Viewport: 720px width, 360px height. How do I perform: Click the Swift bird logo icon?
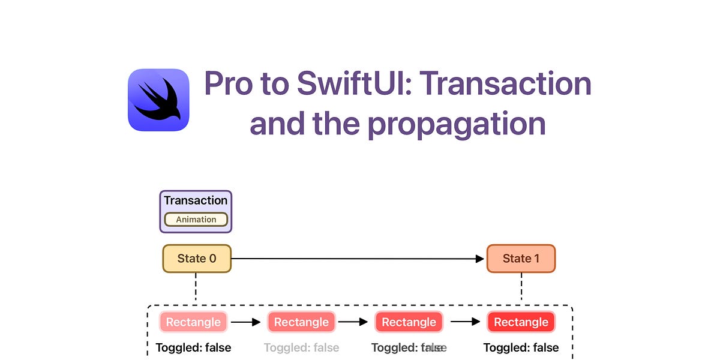[158, 100]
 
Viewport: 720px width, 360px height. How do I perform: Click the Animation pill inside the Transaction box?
[196, 220]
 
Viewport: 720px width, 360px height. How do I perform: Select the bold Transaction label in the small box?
[196, 200]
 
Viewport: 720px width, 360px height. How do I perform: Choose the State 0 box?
[197, 259]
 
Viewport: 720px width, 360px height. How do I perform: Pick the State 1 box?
[521, 259]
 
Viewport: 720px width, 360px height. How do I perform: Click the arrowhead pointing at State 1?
[480, 259]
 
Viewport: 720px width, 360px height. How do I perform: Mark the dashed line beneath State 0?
[196, 289]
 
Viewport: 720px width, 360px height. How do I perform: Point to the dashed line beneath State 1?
[521, 289]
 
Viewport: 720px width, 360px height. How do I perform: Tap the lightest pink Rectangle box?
[193, 322]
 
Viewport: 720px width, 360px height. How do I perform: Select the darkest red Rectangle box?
[521, 322]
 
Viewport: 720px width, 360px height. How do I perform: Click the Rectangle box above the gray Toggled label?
[301, 322]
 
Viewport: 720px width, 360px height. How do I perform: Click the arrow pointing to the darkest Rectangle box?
[466, 322]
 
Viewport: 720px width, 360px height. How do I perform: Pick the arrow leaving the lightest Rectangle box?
[246, 322]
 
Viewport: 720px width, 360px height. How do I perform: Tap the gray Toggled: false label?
[301, 347]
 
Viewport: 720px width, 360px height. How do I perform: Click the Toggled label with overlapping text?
[409, 347]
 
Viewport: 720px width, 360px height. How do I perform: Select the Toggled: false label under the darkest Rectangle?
[521, 347]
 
